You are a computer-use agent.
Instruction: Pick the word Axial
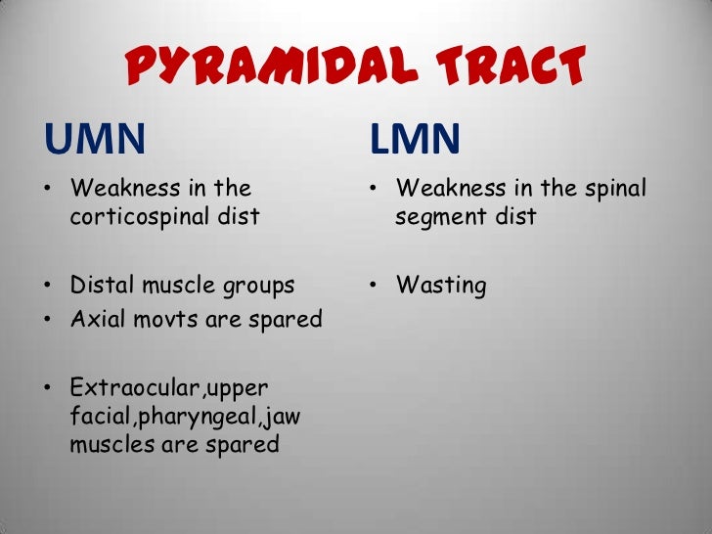[98, 320]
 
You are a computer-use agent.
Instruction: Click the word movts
[164, 320]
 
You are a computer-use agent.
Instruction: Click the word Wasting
[441, 286]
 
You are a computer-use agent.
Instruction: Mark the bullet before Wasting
[374, 286]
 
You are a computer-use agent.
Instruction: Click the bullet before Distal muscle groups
[49, 286]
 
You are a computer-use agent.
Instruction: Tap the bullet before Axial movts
[49, 320]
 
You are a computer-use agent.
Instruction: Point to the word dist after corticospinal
[240, 216]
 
